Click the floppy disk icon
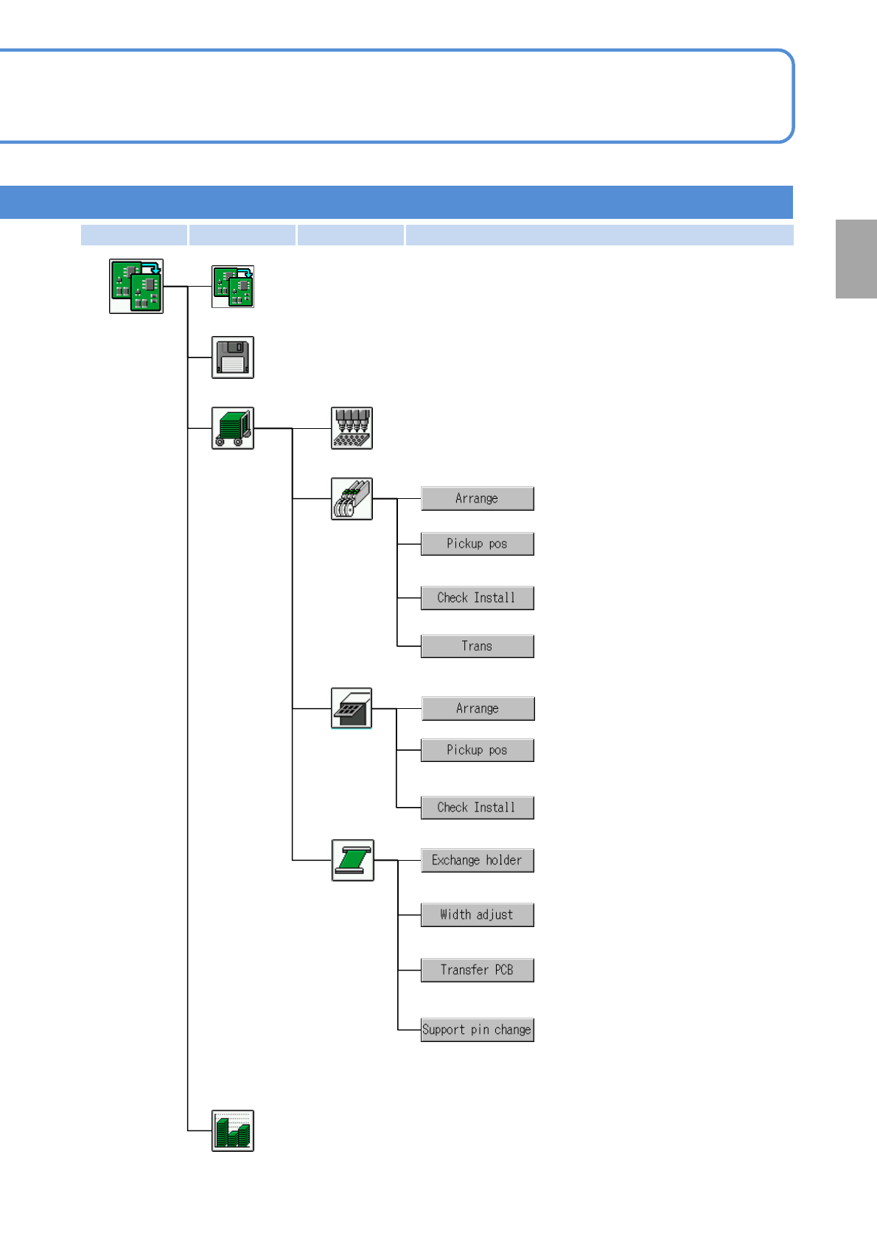(233, 357)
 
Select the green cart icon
(233, 428)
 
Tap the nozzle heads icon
(352, 428)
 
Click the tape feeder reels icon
(352, 499)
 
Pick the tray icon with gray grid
(352, 708)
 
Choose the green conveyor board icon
(352, 860)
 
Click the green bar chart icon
(233, 1130)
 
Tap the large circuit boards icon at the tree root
(136, 286)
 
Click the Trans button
(477, 646)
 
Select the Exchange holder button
(477, 860)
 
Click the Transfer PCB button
(477, 970)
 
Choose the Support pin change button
(477, 1029)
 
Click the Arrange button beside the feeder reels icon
(477, 499)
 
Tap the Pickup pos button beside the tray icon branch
(477, 750)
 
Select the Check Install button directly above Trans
(477, 598)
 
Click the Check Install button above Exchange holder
(477, 808)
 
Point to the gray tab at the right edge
(856, 259)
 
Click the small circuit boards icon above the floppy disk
(233, 287)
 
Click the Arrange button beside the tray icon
(477, 708)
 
